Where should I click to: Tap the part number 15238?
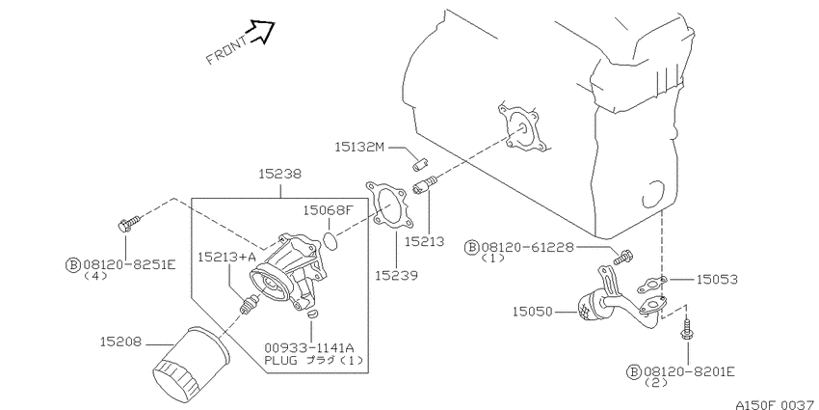point(280,175)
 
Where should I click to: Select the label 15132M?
point(359,148)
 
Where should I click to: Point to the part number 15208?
point(120,342)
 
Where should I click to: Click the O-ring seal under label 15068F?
point(330,240)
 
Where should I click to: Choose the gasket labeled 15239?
point(389,206)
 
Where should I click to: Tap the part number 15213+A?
point(227,257)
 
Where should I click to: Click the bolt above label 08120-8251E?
point(128,223)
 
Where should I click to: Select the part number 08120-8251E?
point(129,264)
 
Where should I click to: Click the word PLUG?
point(280,360)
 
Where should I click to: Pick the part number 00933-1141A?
point(309,347)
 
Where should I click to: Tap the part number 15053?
point(717,280)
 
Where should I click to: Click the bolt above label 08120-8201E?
point(687,330)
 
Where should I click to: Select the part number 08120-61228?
point(527,247)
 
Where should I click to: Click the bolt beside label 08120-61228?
point(623,257)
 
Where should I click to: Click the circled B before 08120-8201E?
point(633,371)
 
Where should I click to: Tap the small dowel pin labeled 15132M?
point(420,163)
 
